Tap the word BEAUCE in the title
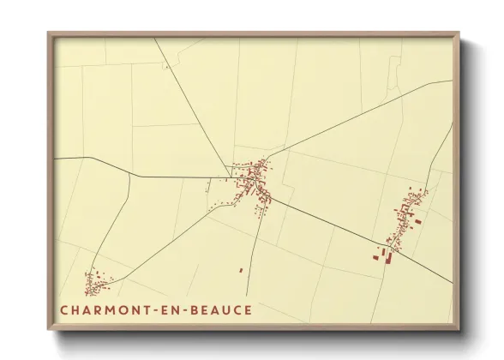223,310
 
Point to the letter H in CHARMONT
75,310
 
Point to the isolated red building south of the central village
241,270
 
